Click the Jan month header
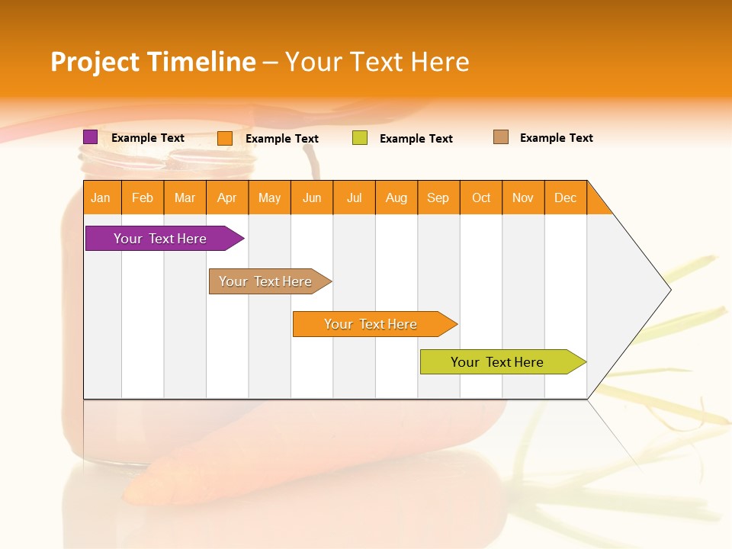[x=101, y=197]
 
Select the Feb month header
[x=143, y=197]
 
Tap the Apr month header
[x=227, y=197]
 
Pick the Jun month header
[x=312, y=197]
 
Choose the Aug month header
[x=396, y=197]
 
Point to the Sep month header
[x=438, y=197]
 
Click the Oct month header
[x=481, y=197]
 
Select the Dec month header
[x=566, y=197]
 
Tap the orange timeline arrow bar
[x=371, y=324]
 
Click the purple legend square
[x=90, y=137]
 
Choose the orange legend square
[x=225, y=138]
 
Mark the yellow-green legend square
[x=360, y=138]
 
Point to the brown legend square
[x=501, y=137]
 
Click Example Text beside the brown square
[x=556, y=138]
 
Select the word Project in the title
[x=94, y=62]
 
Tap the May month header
[x=269, y=197]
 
